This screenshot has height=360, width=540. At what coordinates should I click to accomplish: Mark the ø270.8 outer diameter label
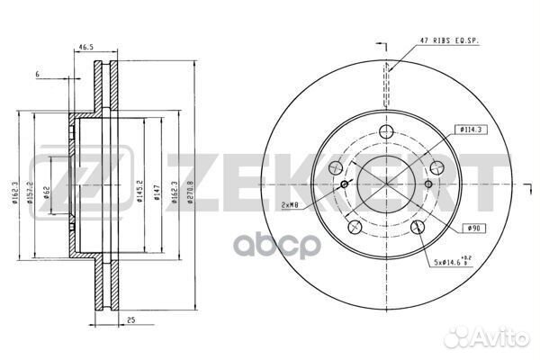click(188, 191)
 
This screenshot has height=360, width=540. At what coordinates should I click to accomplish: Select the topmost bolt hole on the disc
click(388, 133)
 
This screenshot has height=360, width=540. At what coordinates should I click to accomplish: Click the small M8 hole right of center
click(428, 185)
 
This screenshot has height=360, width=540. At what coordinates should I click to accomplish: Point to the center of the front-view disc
click(388, 184)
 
